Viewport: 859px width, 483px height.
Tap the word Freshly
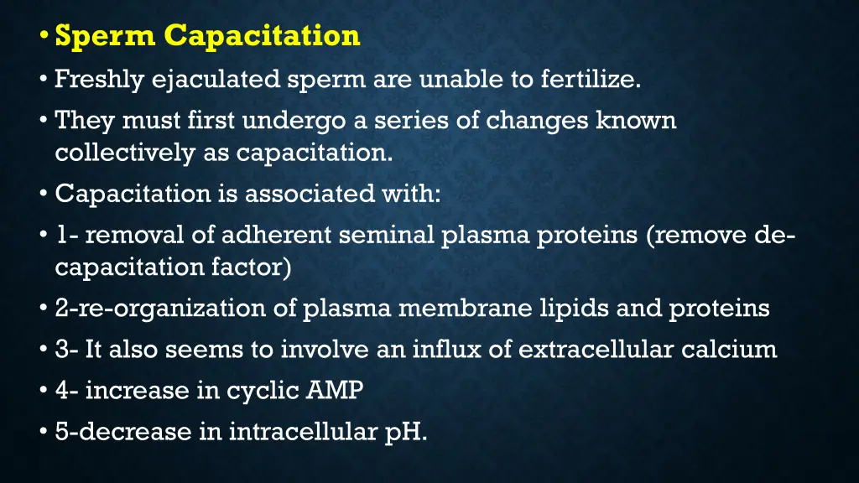[x=99, y=80]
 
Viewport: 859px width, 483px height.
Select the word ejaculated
[x=215, y=80]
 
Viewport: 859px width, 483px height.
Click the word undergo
[x=294, y=121]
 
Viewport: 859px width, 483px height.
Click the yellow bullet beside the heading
[x=44, y=37]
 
